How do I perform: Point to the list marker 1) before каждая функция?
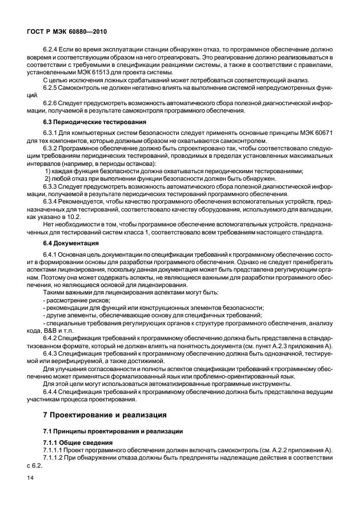[47, 171]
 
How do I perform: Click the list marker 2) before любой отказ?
[48, 178]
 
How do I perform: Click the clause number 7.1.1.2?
[55, 458]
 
